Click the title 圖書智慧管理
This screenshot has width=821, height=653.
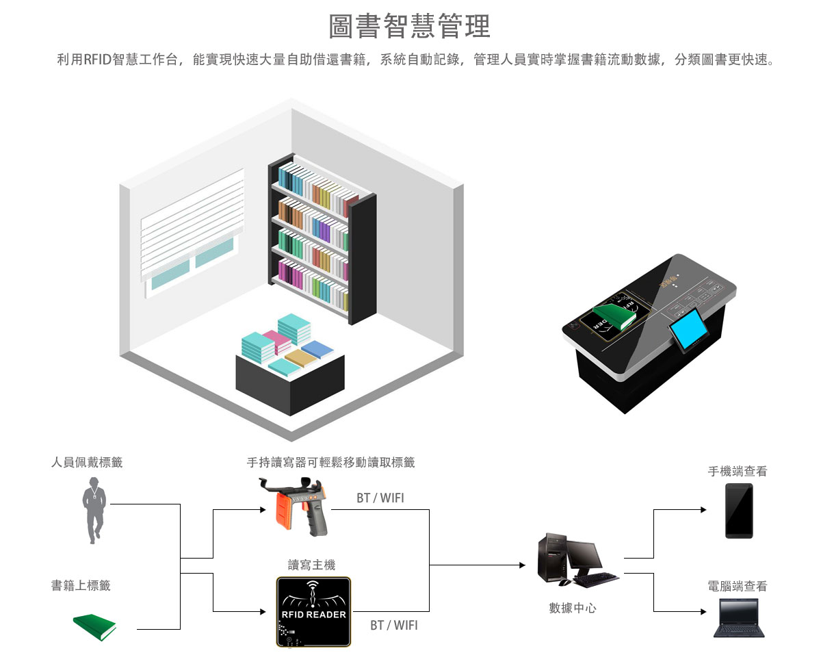tap(409, 27)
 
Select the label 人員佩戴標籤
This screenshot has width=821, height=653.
tap(87, 463)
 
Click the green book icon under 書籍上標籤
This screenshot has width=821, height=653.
tap(94, 627)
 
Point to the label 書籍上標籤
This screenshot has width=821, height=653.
tap(81, 586)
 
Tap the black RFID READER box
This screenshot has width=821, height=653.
tap(313, 612)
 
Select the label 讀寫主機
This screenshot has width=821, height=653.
tap(312, 565)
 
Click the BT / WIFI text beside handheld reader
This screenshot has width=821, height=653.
tap(380, 498)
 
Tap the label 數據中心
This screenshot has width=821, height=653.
tap(573, 609)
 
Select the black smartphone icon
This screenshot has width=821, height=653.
tap(739, 511)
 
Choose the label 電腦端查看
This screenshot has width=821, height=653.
tap(738, 587)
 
